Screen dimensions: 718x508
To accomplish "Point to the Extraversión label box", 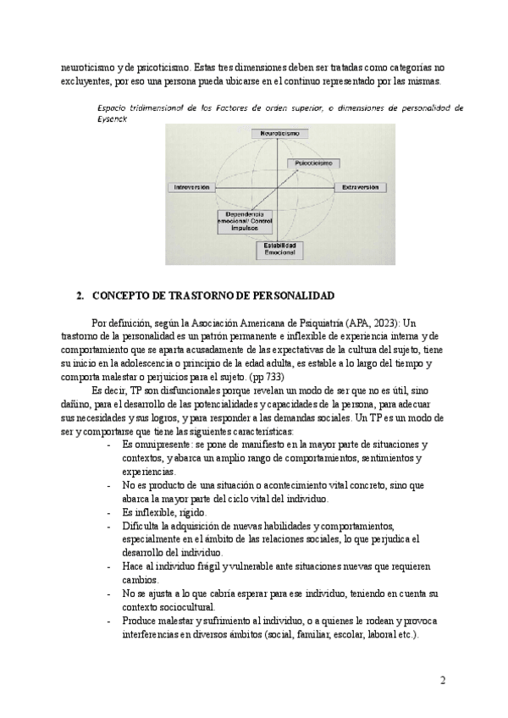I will (359, 187).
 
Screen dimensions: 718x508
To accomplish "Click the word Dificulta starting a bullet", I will (142, 526).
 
